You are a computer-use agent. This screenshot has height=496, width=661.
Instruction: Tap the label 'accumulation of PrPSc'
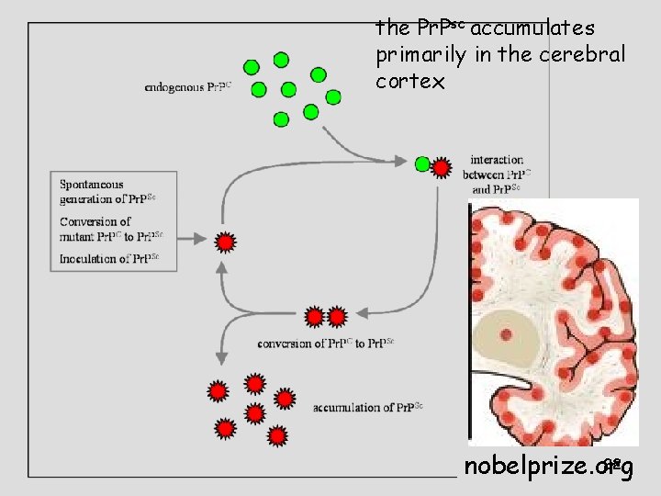click(x=367, y=407)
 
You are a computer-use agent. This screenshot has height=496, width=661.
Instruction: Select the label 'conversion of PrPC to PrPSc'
click(x=326, y=344)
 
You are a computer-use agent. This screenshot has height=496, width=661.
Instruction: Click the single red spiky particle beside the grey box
click(x=225, y=242)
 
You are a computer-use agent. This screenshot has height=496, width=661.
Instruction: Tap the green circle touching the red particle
click(x=422, y=165)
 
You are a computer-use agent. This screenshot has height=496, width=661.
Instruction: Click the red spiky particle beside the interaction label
click(x=442, y=168)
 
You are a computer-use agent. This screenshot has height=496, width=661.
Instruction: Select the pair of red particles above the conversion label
click(x=326, y=317)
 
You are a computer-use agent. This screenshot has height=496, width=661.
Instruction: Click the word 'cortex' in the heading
click(x=410, y=82)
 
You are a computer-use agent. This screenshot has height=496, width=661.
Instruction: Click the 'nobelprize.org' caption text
click(x=548, y=467)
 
